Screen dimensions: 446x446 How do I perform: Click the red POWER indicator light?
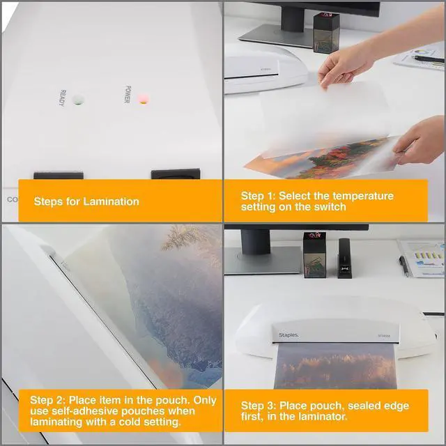coord(144,98)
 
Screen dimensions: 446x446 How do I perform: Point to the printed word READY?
coord(62,98)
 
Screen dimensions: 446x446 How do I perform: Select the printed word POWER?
coord(127,95)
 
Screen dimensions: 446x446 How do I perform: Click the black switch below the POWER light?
coord(175,174)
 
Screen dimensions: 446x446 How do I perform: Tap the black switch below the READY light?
coord(58,175)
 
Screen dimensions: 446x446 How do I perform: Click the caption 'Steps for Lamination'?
coord(86,201)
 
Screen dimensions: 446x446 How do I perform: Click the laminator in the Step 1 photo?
coord(265,68)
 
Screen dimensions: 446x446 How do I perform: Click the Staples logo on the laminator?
coord(289,334)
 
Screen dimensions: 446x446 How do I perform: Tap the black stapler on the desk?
coord(344,258)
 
